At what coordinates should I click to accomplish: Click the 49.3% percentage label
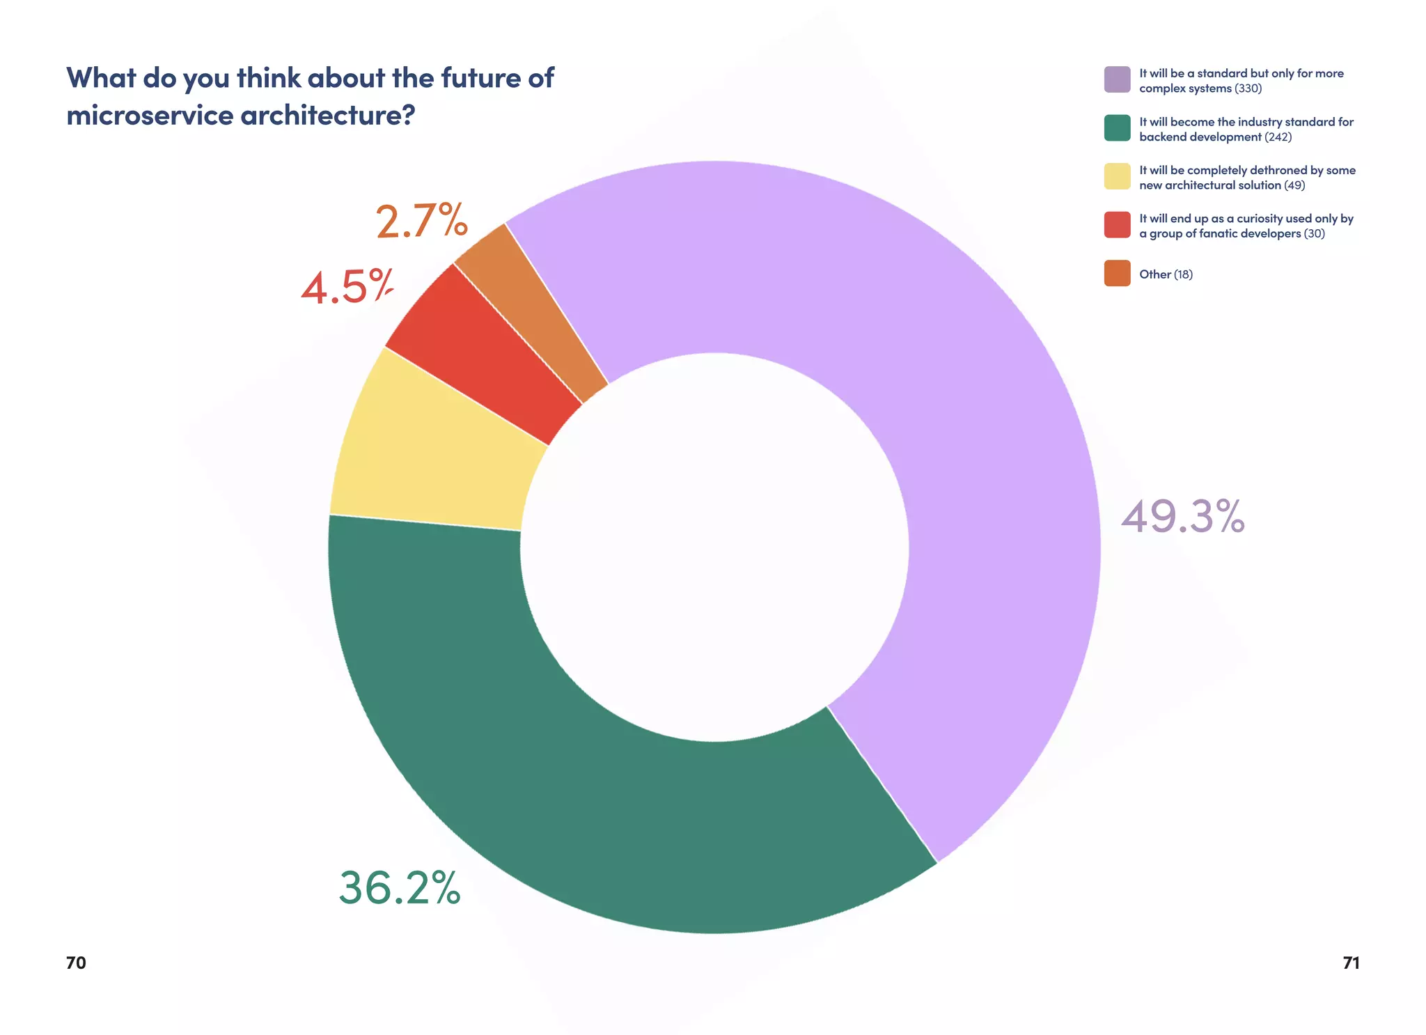tap(1182, 517)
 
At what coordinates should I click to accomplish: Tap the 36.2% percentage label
tap(400, 889)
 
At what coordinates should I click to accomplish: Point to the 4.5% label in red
tap(347, 287)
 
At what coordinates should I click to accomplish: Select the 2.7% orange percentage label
tap(421, 221)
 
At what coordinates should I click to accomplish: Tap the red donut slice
tap(487, 348)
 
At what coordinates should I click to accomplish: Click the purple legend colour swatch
tap(1117, 79)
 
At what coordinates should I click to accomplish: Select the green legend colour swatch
tap(1117, 128)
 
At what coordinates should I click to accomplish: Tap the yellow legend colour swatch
tap(1117, 176)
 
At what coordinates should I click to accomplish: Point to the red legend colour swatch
tap(1117, 225)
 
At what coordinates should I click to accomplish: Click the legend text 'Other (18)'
tap(1166, 274)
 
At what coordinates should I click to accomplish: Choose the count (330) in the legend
tap(1248, 88)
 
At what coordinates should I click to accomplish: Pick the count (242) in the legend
tap(1278, 137)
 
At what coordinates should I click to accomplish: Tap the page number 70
tap(76, 963)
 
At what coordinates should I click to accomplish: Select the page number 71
tap(1351, 963)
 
